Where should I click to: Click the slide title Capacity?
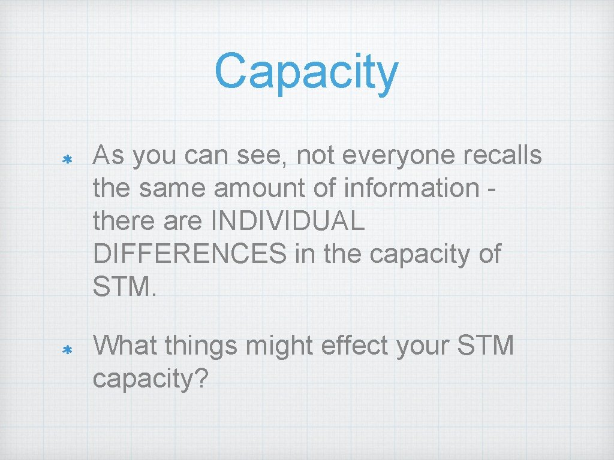(x=306, y=72)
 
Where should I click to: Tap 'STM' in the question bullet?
(x=486, y=346)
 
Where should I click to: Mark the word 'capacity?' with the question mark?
(x=151, y=380)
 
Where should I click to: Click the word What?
(x=125, y=346)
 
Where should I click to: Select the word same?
(x=173, y=189)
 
